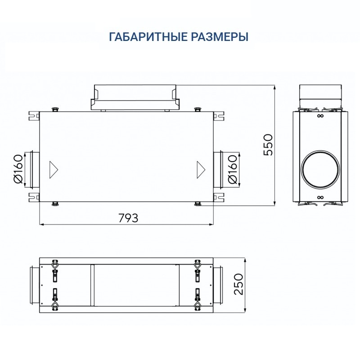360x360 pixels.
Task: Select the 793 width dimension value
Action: point(128,218)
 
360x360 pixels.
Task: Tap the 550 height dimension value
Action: point(268,144)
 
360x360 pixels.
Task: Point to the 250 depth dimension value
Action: point(238,284)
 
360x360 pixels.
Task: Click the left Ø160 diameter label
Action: point(18,169)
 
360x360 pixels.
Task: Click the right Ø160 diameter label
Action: point(233,169)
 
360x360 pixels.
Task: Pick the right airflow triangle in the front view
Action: point(200,169)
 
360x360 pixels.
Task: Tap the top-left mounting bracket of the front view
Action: point(34,116)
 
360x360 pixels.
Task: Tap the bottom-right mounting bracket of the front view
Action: point(219,197)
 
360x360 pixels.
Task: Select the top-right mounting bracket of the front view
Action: point(219,116)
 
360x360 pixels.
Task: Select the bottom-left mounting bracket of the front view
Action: point(34,197)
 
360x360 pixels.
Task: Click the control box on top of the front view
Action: point(135,97)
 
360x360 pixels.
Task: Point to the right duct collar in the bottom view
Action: point(218,285)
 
